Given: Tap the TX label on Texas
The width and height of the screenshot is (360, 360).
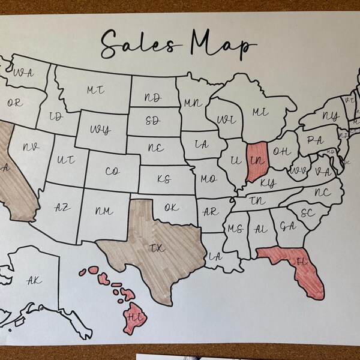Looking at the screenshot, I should (157, 248).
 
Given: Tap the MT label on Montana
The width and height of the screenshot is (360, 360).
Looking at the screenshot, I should (95, 90).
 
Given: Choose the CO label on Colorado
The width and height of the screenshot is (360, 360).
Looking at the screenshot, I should (112, 172).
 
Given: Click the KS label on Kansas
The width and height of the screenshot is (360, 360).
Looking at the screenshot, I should (164, 179).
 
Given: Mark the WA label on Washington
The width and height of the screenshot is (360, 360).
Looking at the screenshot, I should (23, 73).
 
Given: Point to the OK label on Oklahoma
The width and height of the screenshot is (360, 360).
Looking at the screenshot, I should (171, 208).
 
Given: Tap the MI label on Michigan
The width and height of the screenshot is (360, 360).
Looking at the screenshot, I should (260, 112).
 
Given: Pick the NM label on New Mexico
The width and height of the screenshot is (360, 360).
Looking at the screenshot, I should (104, 211).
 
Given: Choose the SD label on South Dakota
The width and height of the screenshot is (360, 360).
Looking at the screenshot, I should (153, 120).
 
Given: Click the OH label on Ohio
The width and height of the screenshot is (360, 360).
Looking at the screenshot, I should (282, 151).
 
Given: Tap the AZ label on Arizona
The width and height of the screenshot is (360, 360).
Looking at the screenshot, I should (62, 208).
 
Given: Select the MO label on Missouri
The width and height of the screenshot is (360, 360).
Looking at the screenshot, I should (208, 179).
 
